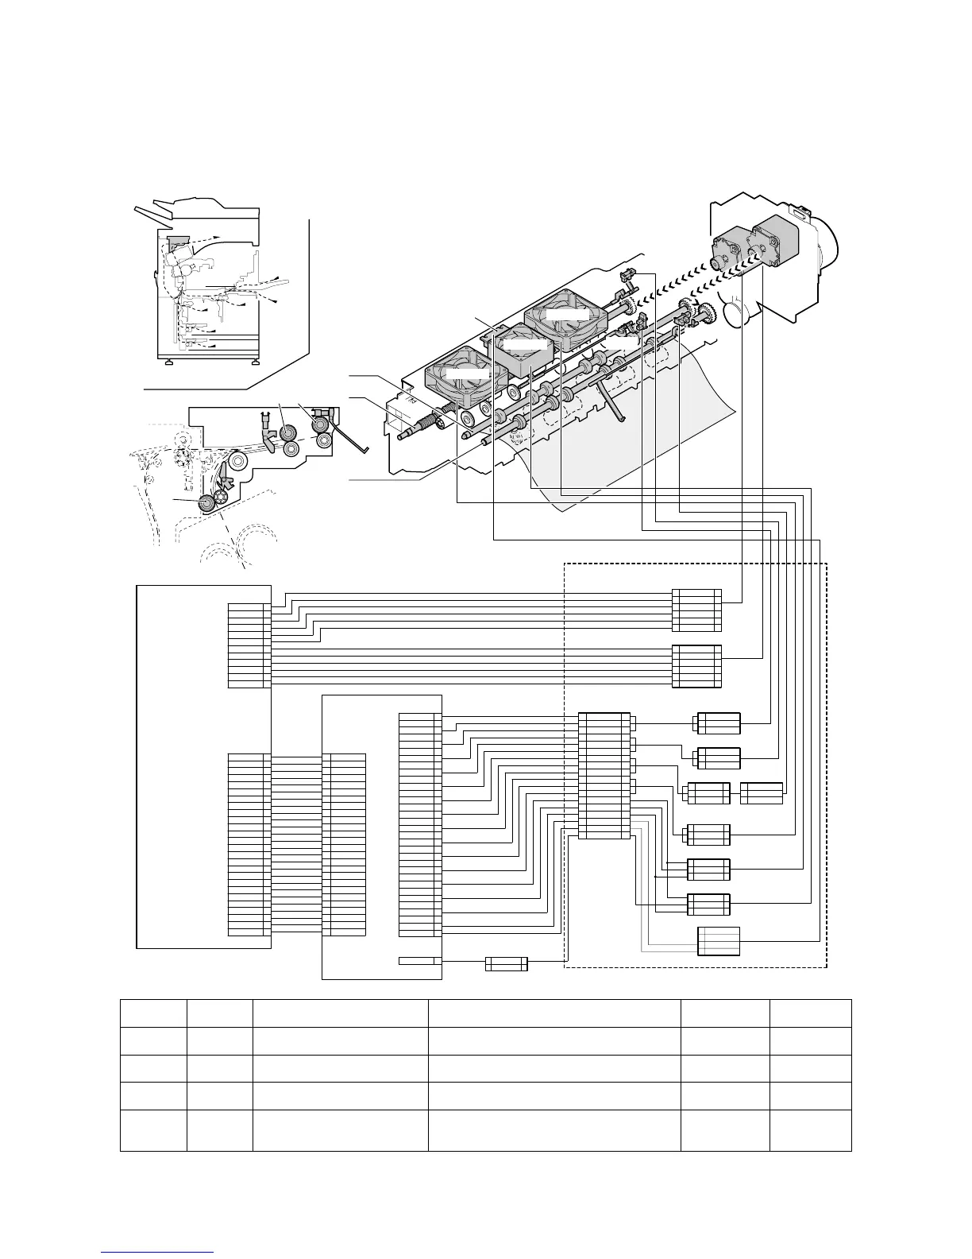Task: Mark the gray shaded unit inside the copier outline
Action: point(176,240)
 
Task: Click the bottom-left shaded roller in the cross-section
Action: point(208,502)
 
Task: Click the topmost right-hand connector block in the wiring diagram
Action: point(696,610)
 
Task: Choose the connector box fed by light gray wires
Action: point(719,941)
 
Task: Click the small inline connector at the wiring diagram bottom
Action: point(507,964)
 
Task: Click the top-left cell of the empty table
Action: point(153,1013)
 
